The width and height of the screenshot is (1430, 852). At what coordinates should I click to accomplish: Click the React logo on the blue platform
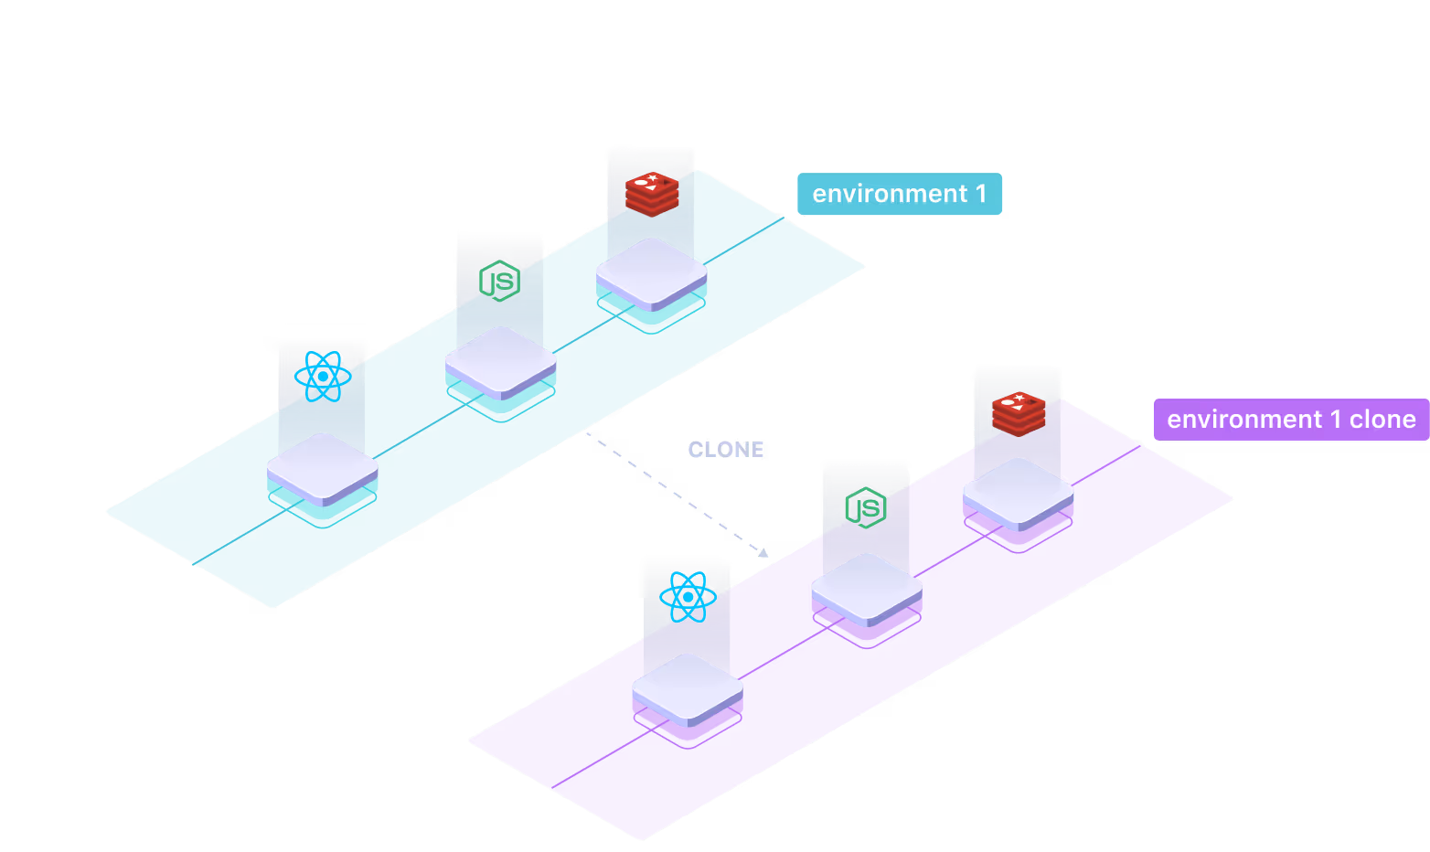tap(323, 376)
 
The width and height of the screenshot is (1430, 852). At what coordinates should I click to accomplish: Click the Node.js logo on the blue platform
tap(500, 281)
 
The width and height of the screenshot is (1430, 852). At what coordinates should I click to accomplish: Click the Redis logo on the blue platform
tap(651, 193)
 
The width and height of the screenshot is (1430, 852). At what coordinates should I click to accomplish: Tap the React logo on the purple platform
tap(688, 597)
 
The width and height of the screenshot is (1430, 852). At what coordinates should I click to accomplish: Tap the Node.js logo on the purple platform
tap(866, 507)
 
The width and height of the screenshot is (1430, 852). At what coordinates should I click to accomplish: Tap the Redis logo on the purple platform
tap(1019, 413)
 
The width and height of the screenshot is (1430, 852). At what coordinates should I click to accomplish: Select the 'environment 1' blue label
tap(900, 194)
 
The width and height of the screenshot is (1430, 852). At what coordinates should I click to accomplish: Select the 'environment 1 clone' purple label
tap(1290, 420)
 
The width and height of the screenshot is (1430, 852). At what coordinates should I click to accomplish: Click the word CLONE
tap(726, 450)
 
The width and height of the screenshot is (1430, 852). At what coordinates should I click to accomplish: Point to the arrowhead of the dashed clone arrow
tap(763, 552)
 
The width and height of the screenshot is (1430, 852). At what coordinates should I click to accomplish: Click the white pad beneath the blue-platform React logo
tap(323, 467)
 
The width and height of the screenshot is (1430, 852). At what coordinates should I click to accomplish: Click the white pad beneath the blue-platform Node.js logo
tap(501, 361)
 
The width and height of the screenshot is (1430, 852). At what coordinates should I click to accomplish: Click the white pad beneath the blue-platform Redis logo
tap(652, 272)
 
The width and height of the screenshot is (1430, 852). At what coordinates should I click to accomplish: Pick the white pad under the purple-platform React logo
tap(688, 687)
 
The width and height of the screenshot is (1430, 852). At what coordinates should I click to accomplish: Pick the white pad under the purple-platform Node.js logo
tap(867, 587)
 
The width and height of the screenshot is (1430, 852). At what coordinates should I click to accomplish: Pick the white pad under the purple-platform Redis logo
tap(1019, 493)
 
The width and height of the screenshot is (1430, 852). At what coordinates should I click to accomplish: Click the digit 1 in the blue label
tap(981, 194)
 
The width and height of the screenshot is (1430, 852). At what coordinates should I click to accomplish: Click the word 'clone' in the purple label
tap(1382, 420)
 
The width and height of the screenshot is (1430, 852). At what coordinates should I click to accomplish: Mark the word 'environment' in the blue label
tap(889, 194)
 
